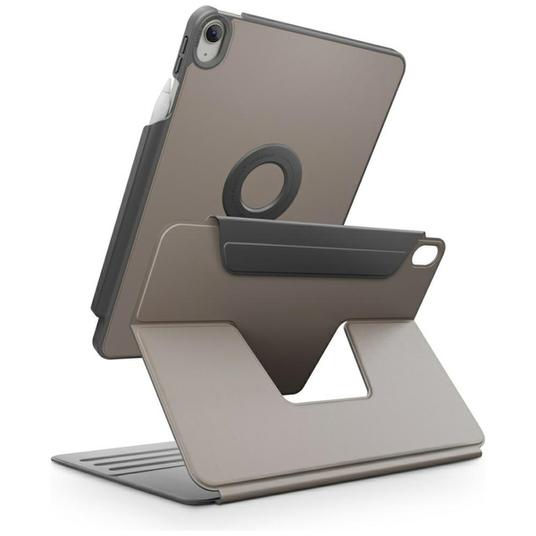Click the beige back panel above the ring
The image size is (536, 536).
point(295,98)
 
